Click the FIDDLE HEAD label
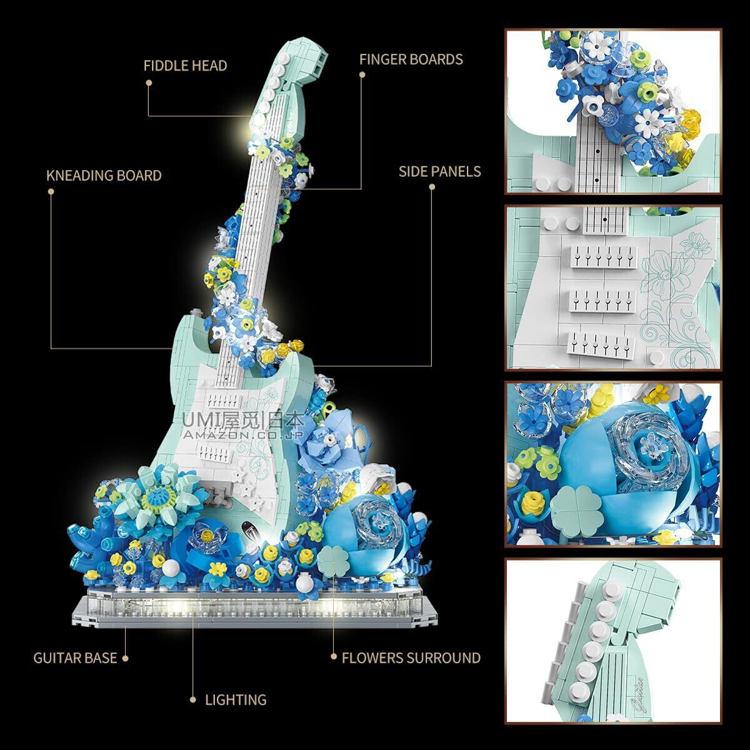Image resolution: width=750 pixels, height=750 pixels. point(185,66)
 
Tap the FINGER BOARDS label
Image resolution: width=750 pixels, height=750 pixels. point(411,59)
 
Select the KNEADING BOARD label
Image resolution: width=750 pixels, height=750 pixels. point(104,175)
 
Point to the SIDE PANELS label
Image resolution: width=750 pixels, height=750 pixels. point(440,171)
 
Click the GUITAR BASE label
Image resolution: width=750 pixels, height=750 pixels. point(75,657)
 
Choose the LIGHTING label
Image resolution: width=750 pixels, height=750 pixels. point(236,699)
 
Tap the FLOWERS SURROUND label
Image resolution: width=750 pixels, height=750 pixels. point(411,657)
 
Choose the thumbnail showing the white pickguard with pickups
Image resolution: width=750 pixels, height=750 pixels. point(612,287)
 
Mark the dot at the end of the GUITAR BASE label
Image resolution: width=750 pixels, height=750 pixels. point(126,657)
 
